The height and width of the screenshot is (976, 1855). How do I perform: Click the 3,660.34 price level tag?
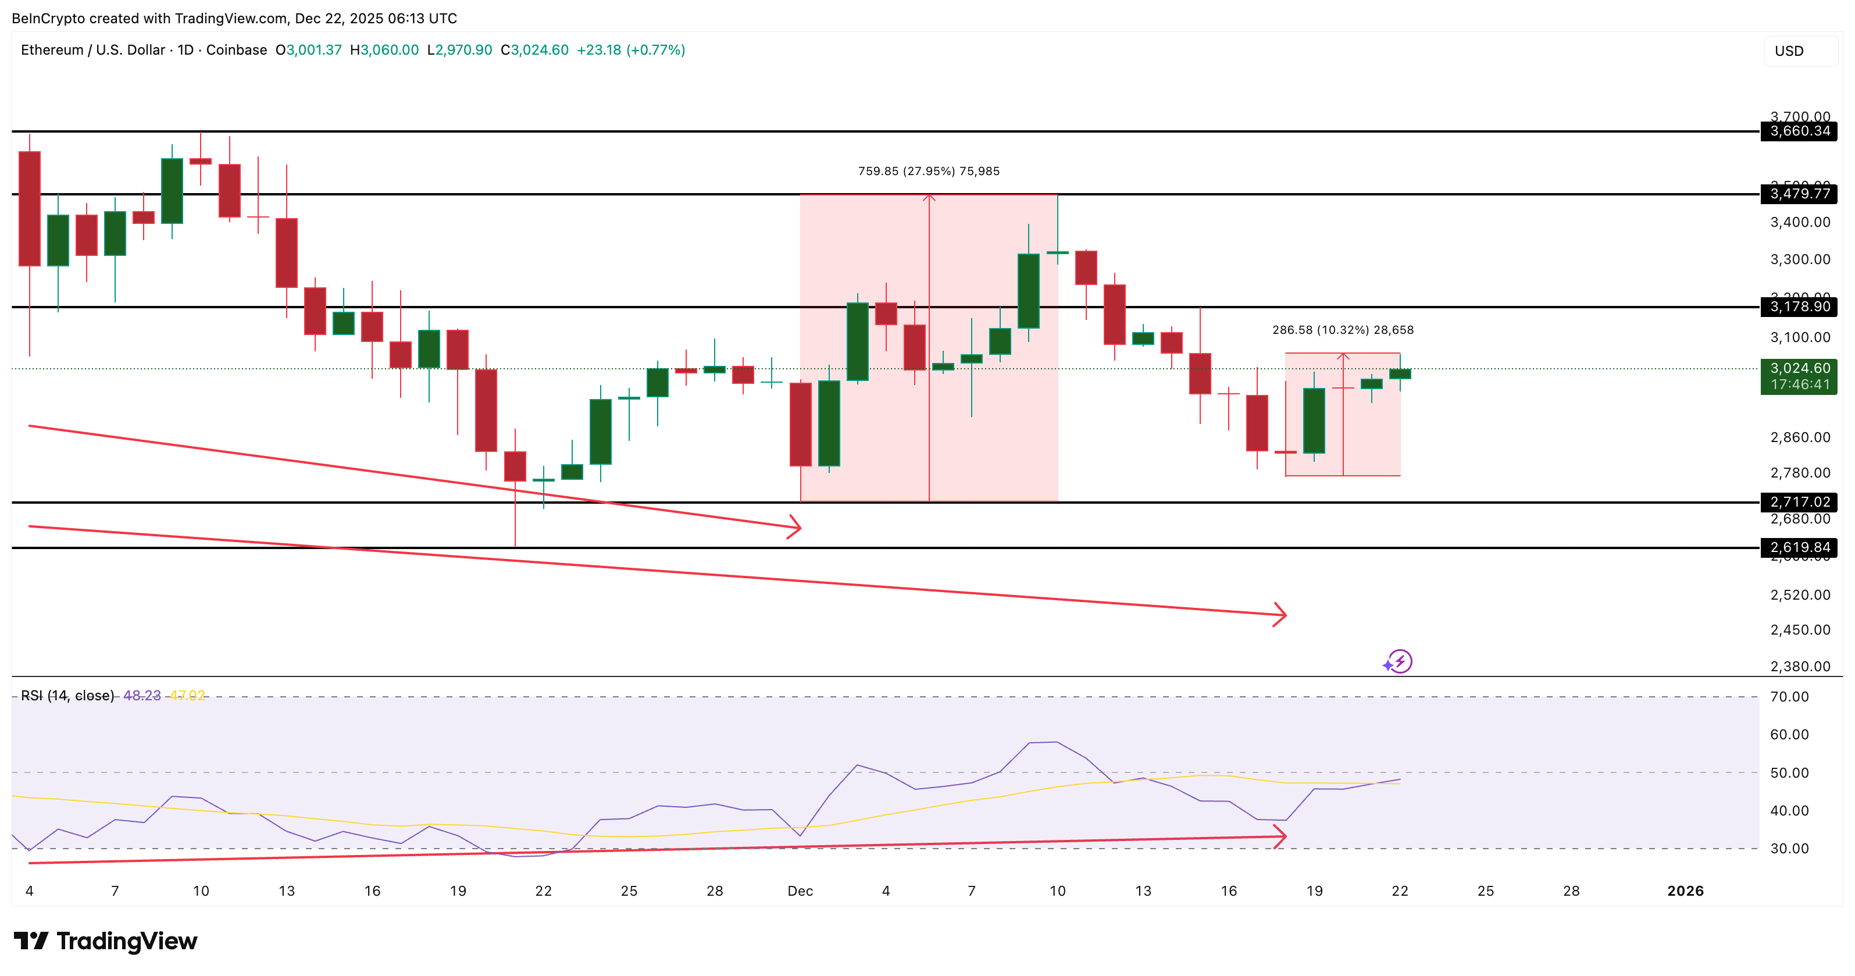click(x=1799, y=131)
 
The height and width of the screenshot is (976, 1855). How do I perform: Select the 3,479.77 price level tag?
click(x=1799, y=194)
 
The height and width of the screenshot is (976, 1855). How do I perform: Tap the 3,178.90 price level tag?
click(x=1799, y=307)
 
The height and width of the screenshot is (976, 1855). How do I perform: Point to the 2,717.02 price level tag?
click(x=1799, y=502)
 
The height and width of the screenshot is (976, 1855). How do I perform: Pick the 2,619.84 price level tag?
click(x=1799, y=547)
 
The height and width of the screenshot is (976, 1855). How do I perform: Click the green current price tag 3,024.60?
click(x=1799, y=376)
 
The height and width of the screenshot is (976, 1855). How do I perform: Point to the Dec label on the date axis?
click(x=800, y=891)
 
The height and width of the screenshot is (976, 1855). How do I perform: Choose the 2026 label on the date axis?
click(x=1685, y=891)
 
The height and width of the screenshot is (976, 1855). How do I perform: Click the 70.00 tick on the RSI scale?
click(x=1789, y=697)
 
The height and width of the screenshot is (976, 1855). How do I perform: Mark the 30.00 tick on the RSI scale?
click(x=1789, y=849)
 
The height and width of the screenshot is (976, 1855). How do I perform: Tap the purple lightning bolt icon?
click(x=1399, y=661)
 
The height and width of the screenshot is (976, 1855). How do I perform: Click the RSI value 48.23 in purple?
click(x=142, y=696)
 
